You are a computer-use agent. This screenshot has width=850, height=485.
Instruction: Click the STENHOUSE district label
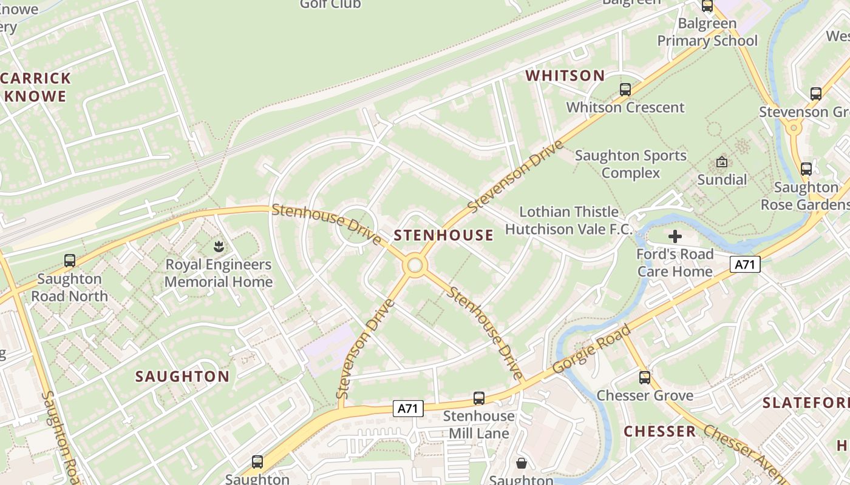coord(444,235)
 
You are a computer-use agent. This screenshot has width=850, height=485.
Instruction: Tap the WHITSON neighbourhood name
coord(565,76)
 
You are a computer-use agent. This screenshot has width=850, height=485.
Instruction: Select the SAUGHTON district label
coord(182,376)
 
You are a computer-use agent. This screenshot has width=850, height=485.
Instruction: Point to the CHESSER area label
coord(660,432)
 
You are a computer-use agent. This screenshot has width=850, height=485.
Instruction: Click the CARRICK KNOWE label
coord(35,87)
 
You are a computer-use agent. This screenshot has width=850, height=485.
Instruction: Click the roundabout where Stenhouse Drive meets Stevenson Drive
coord(415,266)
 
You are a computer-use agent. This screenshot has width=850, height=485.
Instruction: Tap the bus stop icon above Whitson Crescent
coord(625,90)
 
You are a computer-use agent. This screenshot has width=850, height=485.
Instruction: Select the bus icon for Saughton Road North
coord(70,261)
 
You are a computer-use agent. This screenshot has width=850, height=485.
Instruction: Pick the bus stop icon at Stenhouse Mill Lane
coord(479,398)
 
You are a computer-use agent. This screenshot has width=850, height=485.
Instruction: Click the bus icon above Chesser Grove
coord(645,378)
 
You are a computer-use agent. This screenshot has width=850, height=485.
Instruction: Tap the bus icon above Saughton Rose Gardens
coord(806,169)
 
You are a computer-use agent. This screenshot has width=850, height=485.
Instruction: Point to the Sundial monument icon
coord(722,162)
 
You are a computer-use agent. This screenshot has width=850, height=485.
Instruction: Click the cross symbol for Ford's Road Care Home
coord(675,236)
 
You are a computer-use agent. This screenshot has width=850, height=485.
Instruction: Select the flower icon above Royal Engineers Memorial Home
coord(219,247)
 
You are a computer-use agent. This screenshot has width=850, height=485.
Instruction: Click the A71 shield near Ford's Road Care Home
coord(745,265)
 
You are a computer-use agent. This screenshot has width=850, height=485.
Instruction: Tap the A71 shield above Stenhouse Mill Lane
coord(407,409)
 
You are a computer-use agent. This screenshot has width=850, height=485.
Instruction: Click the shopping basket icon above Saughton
coord(521,464)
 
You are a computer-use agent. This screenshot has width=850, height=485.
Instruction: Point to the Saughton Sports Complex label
coord(631,164)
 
